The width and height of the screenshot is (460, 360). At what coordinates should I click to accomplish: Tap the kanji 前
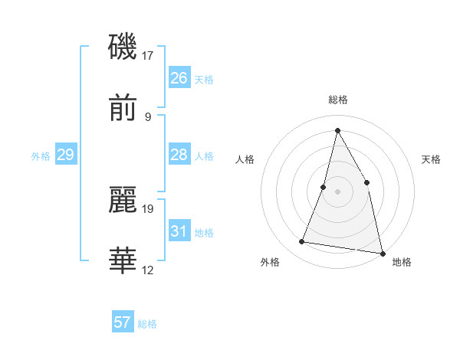point(123,109)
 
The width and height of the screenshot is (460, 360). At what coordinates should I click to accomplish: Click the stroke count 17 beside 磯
point(148,55)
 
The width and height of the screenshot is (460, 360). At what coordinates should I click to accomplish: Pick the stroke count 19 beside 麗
point(148,208)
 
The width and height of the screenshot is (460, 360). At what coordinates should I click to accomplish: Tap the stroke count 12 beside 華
point(148,270)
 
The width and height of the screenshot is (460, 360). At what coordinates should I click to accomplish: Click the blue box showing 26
point(179,78)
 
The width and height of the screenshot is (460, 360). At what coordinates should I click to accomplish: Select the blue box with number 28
point(179,155)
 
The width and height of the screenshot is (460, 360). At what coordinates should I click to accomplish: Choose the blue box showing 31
point(179,231)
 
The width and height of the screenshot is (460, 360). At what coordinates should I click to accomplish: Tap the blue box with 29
point(65,155)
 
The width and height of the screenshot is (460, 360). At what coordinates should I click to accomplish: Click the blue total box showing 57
point(123,322)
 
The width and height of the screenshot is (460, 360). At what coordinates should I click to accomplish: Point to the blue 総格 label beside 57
point(147,324)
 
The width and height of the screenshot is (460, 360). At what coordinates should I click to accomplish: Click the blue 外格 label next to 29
point(41,156)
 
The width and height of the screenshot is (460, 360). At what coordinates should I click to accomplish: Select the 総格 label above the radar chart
point(337,100)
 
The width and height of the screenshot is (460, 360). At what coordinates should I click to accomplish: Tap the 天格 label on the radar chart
point(431,159)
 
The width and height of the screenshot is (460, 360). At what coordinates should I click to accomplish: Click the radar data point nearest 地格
point(382,253)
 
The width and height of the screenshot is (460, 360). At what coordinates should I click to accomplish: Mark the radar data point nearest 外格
point(302,242)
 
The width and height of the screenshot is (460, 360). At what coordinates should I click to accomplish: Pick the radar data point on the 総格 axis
point(337,130)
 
